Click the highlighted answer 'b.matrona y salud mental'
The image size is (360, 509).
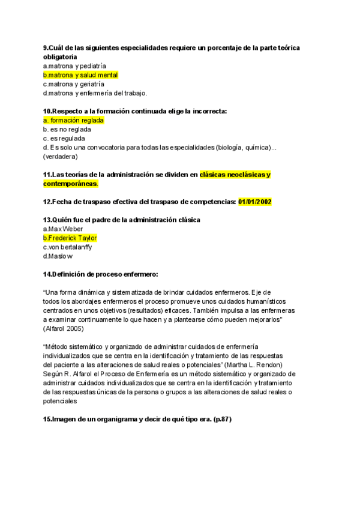point(80,75)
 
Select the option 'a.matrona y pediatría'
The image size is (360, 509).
point(74,66)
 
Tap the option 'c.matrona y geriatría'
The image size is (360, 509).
point(74,84)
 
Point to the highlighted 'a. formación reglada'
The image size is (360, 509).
point(74,120)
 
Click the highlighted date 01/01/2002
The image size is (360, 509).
point(255,202)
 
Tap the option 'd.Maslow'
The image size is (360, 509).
point(58,256)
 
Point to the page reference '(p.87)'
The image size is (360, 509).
point(220,419)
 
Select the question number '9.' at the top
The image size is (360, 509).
point(46,47)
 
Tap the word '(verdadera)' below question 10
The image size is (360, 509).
point(61,157)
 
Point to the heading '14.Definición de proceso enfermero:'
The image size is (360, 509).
point(100,274)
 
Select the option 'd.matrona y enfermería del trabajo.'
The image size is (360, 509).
point(95,93)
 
